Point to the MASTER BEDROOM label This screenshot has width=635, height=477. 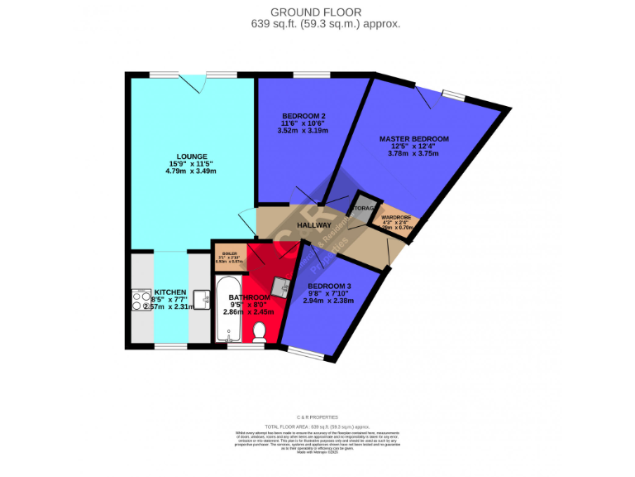point(413,138)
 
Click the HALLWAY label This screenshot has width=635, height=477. point(314,224)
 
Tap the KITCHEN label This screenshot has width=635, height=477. point(169,292)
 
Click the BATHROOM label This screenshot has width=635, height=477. point(250,297)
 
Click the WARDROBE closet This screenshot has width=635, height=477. point(395,221)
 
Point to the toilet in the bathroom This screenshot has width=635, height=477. point(260,332)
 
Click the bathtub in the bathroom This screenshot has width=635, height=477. point(227,311)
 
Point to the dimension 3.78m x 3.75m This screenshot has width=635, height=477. point(413,153)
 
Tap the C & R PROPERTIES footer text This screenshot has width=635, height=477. point(317,417)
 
